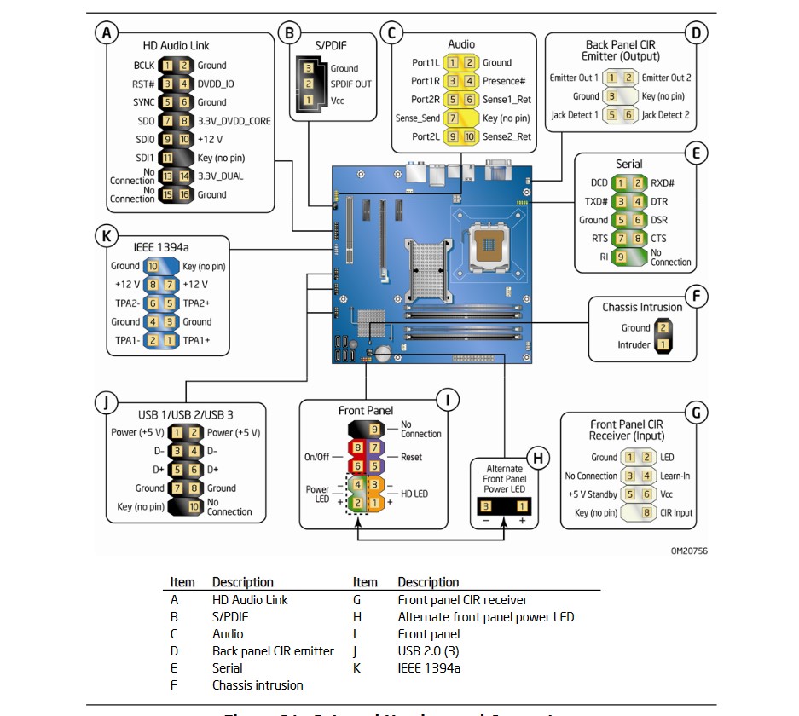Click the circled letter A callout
(x=106, y=33)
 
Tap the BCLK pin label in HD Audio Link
(x=143, y=65)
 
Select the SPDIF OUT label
(x=350, y=84)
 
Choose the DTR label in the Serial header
(x=659, y=201)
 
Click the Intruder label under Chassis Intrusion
(x=634, y=345)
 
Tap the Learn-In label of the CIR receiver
(x=676, y=476)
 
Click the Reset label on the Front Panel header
(x=412, y=457)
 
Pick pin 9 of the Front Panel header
(x=374, y=428)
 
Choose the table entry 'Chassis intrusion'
(x=258, y=684)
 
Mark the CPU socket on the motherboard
(x=489, y=247)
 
